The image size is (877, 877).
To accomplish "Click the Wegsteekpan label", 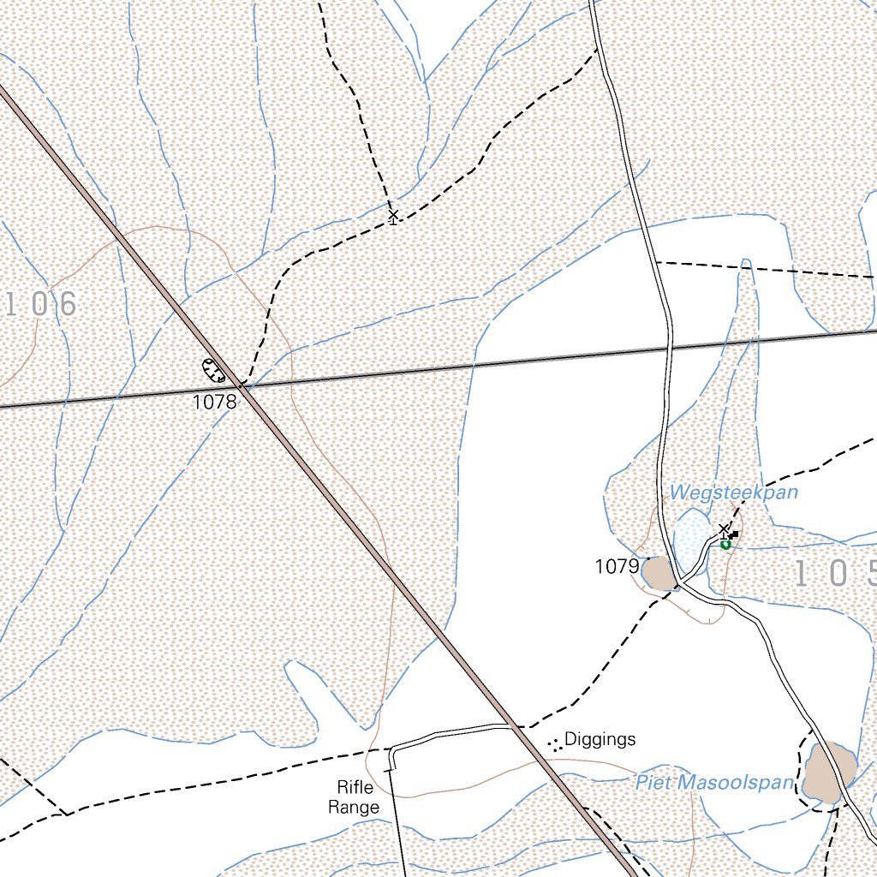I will (733, 492).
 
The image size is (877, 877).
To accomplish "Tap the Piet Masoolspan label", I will (714, 782).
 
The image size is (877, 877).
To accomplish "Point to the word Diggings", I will (600, 739).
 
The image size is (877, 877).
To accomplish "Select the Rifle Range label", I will (358, 797).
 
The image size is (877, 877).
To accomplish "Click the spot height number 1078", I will (214, 402).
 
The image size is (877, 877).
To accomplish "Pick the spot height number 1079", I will (617, 566).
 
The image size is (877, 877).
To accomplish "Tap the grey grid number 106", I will (41, 303).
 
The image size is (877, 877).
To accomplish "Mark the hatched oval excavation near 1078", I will (213, 370).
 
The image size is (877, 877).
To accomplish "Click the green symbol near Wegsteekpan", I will (725, 543).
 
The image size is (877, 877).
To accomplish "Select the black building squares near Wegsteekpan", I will (733, 535).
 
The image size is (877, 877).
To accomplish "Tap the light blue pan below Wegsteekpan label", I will (690, 541).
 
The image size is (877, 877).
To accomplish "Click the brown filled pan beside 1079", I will (659, 573).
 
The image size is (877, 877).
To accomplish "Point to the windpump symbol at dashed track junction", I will (393, 216).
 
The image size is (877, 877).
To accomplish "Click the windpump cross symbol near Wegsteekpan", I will (724, 529).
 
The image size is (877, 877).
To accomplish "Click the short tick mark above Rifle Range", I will (390, 770).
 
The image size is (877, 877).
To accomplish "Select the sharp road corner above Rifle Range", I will (391, 749).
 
